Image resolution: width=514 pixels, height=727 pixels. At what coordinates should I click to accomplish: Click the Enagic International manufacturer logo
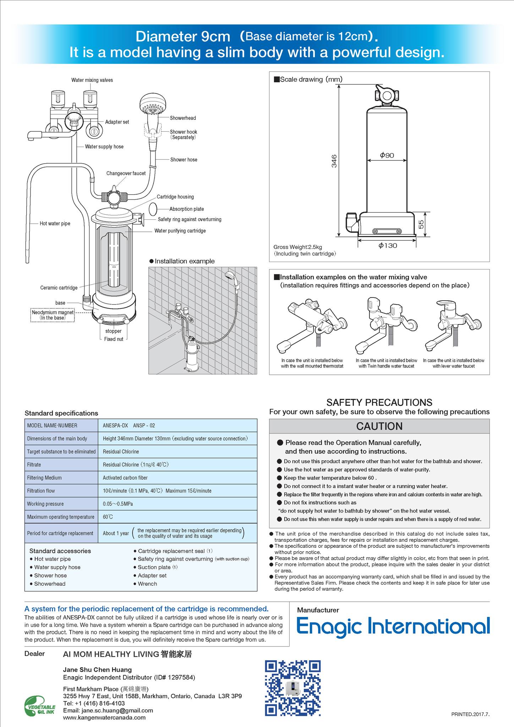pyautogui.click(x=393, y=627)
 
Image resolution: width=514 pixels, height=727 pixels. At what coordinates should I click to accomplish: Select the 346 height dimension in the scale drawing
pyautogui.click(x=334, y=161)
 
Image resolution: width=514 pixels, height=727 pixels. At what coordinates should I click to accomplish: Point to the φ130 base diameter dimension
pyautogui.click(x=387, y=246)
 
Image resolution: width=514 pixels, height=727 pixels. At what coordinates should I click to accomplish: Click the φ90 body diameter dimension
pyautogui.click(x=387, y=155)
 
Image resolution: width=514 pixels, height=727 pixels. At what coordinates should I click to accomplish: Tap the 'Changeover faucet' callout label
pyautogui.click(x=126, y=174)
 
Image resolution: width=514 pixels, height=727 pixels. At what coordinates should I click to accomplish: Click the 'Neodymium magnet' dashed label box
pyautogui.click(x=53, y=315)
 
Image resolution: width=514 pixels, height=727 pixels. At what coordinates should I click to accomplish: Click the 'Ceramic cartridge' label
pyautogui.click(x=59, y=288)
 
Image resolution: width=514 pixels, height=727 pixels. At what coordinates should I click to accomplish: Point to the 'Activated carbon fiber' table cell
pyautogui.click(x=125, y=478)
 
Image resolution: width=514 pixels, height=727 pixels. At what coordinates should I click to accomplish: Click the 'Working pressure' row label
pyautogui.click(x=45, y=504)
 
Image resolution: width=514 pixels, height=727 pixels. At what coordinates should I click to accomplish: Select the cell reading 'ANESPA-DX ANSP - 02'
pyautogui.click(x=129, y=426)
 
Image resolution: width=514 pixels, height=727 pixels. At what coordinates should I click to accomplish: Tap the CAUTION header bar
pyautogui.click(x=379, y=426)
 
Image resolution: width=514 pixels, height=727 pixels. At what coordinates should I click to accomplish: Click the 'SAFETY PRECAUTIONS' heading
pyautogui.click(x=379, y=402)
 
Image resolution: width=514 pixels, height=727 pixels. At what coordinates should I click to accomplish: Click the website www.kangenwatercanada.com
pyautogui.click(x=104, y=717)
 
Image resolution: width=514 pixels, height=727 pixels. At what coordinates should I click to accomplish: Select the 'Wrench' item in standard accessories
pyautogui.click(x=147, y=584)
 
